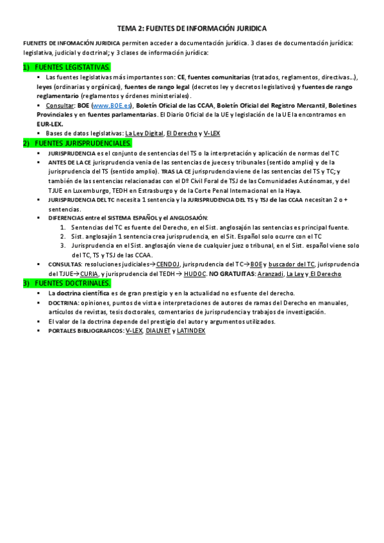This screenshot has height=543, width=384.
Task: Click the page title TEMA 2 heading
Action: coord(192,29)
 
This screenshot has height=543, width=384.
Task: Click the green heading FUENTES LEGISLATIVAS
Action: coord(72,67)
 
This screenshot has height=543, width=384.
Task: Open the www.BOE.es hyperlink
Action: coord(112,104)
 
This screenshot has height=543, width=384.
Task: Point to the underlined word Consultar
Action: coord(59,104)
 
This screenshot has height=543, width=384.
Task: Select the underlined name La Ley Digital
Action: coord(143,133)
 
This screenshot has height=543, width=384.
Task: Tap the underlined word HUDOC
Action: coord(195,273)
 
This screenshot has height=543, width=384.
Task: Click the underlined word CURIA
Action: coord(89,273)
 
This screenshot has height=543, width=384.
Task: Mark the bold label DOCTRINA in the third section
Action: coord(64,302)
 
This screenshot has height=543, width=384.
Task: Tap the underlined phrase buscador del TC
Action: coord(292,264)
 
